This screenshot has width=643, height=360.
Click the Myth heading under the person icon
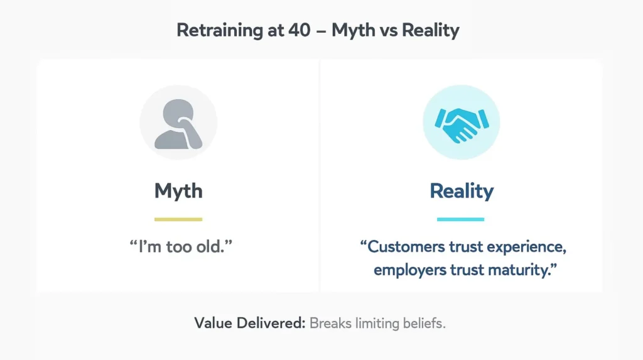(x=178, y=191)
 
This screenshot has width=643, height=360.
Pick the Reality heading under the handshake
(x=461, y=191)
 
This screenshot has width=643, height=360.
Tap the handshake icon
(x=461, y=123)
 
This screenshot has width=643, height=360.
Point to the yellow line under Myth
(x=178, y=219)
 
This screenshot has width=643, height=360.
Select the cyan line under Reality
(x=461, y=219)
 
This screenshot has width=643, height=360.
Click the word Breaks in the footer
(x=330, y=324)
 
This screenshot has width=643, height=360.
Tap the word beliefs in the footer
(x=424, y=324)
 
